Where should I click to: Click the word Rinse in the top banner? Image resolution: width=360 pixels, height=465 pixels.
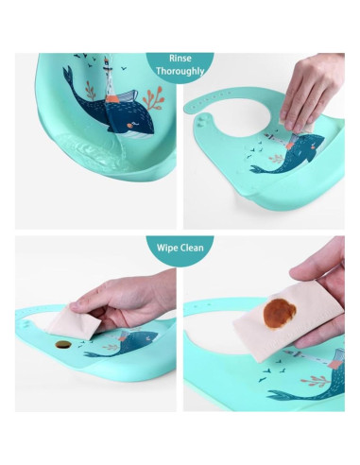click(x=180, y=58)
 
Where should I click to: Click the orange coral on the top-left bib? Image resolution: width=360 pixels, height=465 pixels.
click(x=153, y=96)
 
